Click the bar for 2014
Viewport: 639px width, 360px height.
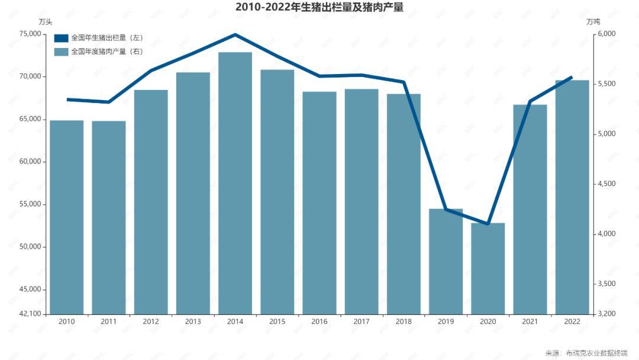point(235,184)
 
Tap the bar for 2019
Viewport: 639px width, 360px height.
point(446,261)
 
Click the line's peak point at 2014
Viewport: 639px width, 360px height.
point(235,34)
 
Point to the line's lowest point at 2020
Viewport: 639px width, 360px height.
point(488,224)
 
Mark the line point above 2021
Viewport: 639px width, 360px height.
point(530,101)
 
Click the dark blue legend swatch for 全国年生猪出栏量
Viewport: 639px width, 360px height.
point(61,38)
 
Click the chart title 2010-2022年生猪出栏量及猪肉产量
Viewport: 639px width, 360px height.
point(319,8)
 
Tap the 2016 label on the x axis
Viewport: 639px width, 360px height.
point(319,322)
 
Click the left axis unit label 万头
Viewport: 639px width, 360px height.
point(46,22)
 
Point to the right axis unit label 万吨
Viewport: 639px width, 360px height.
point(593,22)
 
